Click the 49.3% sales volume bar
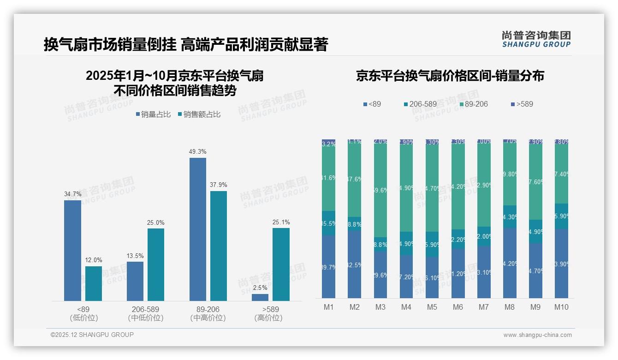click(198, 229)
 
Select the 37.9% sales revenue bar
click(219, 246)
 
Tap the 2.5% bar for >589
click(260, 298)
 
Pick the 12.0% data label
click(94, 260)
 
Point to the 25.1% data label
click(281, 222)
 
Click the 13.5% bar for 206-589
click(135, 282)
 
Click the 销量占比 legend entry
click(153, 114)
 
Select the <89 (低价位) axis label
click(83, 313)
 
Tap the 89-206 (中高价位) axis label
click(208, 313)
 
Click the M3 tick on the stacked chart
click(380, 307)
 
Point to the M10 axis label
click(561, 307)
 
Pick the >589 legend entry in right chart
click(522, 104)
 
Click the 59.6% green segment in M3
click(380, 190)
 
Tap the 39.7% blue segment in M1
click(329, 267)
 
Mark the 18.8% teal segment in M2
click(355, 224)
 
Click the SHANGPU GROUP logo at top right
click(536, 39)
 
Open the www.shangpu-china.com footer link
click(537, 335)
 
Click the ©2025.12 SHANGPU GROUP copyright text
click(92, 335)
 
